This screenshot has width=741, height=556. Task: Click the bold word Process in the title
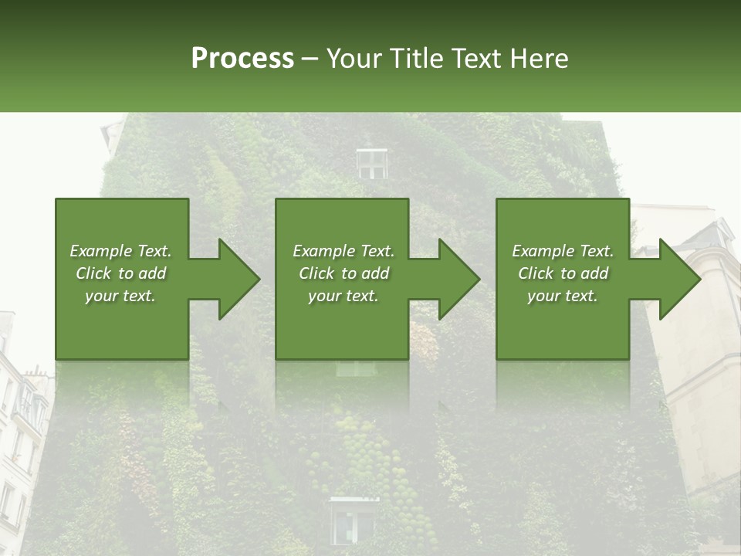pos(242,59)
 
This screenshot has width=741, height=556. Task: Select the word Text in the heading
pos(476,59)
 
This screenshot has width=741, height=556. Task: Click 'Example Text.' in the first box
pos(120,251)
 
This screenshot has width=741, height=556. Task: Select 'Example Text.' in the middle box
pos(343,251)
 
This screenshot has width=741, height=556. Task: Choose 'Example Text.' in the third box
pos(563,251)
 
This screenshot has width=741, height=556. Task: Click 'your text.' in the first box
pos(120,296)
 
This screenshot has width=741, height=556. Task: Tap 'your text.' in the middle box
pos(343,296)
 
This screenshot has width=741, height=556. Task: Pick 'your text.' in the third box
pos(563,296)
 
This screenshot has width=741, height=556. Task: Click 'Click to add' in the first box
pos(120,273)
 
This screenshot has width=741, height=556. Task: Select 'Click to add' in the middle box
pos(343,273)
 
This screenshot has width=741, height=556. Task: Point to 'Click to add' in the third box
pos(563,273)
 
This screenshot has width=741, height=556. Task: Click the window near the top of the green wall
pos(371,163)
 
